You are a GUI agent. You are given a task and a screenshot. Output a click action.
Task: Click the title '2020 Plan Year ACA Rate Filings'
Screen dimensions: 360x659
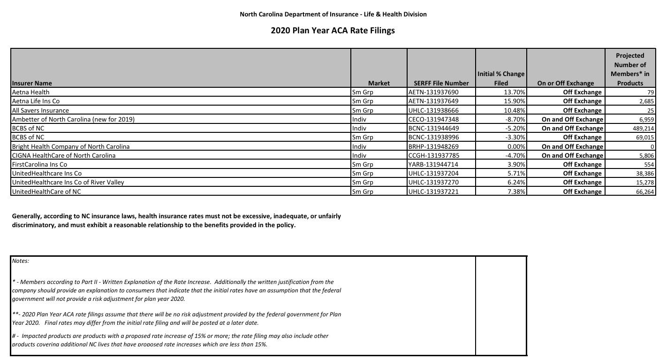(333, 31)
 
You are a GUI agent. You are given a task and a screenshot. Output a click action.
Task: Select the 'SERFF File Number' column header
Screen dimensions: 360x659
(441, 83)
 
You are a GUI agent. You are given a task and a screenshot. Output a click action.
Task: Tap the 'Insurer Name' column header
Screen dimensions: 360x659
(32, 83)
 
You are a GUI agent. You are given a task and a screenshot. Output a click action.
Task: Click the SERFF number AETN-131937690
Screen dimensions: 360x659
(433, 92)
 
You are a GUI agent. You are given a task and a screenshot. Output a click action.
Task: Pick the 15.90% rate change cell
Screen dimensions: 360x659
(515, 101)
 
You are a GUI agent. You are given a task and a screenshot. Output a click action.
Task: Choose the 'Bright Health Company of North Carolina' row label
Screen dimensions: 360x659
(70, 146)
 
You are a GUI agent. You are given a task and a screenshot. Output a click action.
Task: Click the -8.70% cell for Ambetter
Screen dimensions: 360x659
(515, 119)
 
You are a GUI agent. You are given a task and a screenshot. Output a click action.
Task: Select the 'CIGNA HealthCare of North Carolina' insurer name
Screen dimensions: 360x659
(63, 155)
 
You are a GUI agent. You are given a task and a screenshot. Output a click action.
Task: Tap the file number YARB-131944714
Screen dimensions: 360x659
(433, 164)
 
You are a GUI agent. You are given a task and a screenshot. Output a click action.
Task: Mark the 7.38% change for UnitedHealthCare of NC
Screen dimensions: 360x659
(516, 191)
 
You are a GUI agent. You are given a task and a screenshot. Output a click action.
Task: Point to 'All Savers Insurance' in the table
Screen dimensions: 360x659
(40, 110)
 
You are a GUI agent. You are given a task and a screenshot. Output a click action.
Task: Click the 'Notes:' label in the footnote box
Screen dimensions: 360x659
(21, 261)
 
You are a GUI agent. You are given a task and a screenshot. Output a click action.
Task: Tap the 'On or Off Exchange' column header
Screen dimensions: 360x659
(565, 83)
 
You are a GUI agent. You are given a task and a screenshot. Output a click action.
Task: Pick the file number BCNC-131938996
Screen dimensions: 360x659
(433, 137)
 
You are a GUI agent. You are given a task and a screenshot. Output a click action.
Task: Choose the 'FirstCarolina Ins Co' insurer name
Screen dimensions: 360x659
(39, 164)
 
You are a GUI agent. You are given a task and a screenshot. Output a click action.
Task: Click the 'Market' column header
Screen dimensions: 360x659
(379, 83)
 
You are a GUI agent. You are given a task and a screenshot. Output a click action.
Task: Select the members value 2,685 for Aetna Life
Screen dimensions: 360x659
(645, 101)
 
